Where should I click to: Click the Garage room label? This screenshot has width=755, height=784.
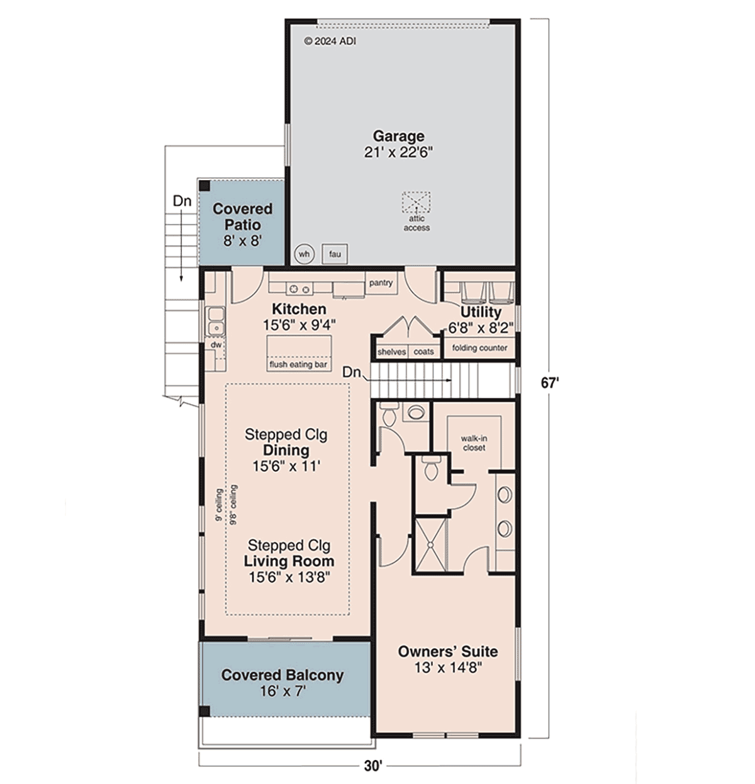pyautogui.click(x=398, y=136)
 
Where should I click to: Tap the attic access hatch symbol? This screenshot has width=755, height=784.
pyautogui.click(x=416, y=202)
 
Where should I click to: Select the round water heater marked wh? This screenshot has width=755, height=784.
pyautogui.click(x=305, y=254)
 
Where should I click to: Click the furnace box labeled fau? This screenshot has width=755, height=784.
pyautogui.click(x=335, y=254)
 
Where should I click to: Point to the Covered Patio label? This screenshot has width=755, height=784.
pyautogui.click(x=243, y=217)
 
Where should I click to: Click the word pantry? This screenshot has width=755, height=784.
pyautogui.click(x=381, y=283)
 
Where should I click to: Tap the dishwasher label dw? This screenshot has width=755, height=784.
pyautogui.click(x=216, y=345)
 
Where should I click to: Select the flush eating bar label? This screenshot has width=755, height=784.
pyautogui.click(x=298, y=365)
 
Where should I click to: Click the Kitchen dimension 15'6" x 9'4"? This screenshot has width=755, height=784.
pyautogui.click(x=299, y=325)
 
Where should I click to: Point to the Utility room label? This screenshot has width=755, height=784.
pyautogui.click(x=481, y=312)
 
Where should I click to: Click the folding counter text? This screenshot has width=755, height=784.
pyautogui.click(x=479, y=348)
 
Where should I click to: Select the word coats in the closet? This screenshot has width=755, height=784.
pyautogui.click(x=424, y=352)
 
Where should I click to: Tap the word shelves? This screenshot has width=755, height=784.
pyautogui.click(x=391, y=352)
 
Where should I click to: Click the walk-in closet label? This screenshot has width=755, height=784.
pyautogui.click(x=474, y=443)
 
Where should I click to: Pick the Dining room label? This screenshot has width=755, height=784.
pyautogui.click(x=286, y=450)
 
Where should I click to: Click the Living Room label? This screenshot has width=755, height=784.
pyautogui.click(x=289, y=561)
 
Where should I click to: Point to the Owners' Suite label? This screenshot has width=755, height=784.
pyautogui.click(x=448, y=652)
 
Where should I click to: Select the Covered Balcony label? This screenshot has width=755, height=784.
pyautogui.click(x=282, y=675)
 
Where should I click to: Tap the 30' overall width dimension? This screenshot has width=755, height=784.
pyautogui.click(x=372, y=766)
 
